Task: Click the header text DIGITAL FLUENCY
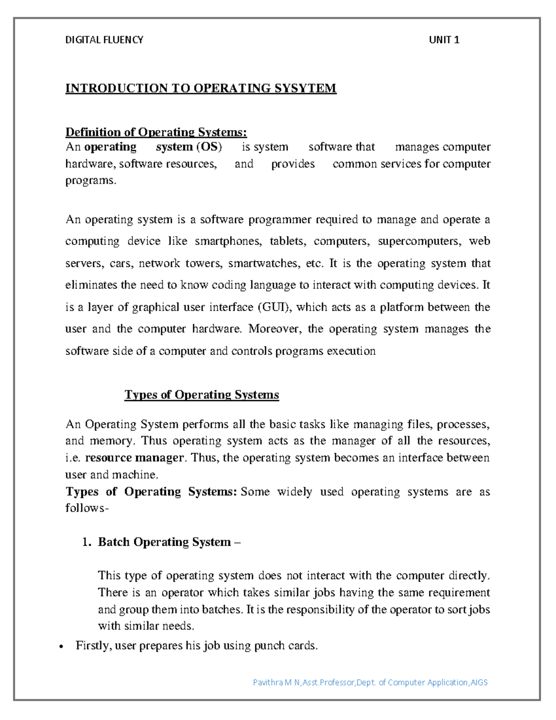point(104,40)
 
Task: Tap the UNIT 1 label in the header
point(443,40)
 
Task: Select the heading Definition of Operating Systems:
point(156,133)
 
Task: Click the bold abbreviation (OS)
point(209,147)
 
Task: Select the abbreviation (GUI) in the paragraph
point(274,307)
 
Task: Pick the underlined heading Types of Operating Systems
point(202,395)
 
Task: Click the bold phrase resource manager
point(134,458)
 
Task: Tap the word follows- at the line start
point(87,508)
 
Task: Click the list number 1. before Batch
point(87,542)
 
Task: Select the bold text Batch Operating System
point(164,542)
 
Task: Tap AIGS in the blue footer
point(479,682)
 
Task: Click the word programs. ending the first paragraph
point(90,181)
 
